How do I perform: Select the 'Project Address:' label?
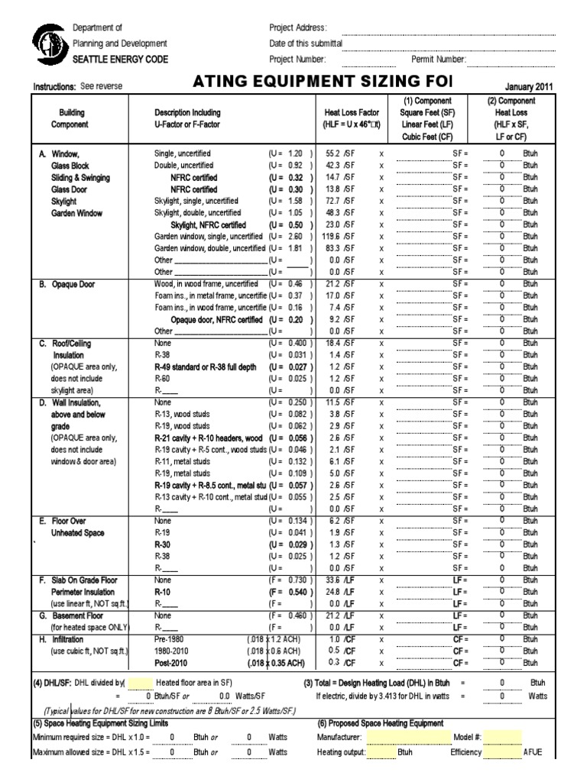(299, 27)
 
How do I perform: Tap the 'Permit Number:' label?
(439, 59)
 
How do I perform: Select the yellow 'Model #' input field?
(503, 737)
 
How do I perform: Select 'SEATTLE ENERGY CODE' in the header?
(121, 60)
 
